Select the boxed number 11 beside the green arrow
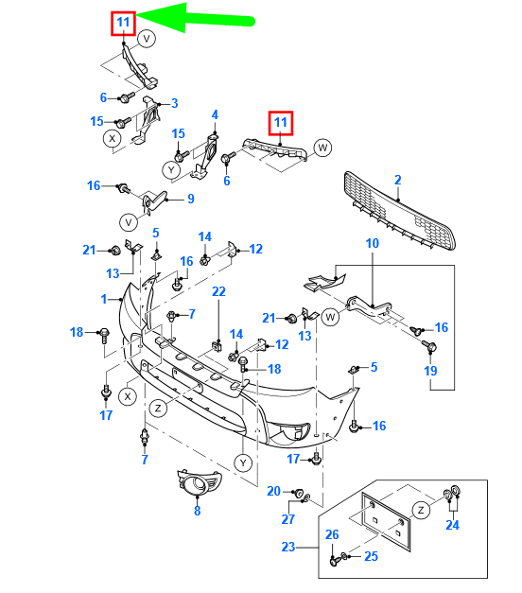124,23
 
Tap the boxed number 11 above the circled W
280,123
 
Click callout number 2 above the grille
398,180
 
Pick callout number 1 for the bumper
105,299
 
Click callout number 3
174,103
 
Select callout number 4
215,115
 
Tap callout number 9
190,199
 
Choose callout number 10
372,244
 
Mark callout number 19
431,372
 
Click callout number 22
218,291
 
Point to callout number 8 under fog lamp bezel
197,512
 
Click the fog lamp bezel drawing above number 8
198,484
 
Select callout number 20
273,491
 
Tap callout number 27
288,518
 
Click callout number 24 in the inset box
452,525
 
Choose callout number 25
371,556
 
